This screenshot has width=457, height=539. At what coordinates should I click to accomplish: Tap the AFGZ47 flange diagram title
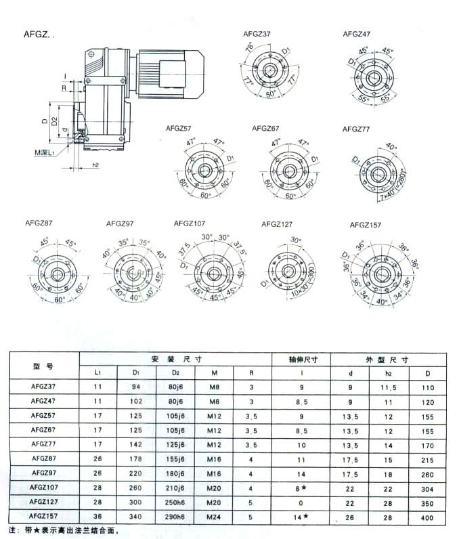(x=356, y=33)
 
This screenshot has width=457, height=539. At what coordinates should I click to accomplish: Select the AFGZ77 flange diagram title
(x=356, y=128)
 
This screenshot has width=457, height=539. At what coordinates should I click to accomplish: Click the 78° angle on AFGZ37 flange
(x=249, y=49)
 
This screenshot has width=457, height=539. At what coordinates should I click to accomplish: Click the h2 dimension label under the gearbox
(x=95, y=164)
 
